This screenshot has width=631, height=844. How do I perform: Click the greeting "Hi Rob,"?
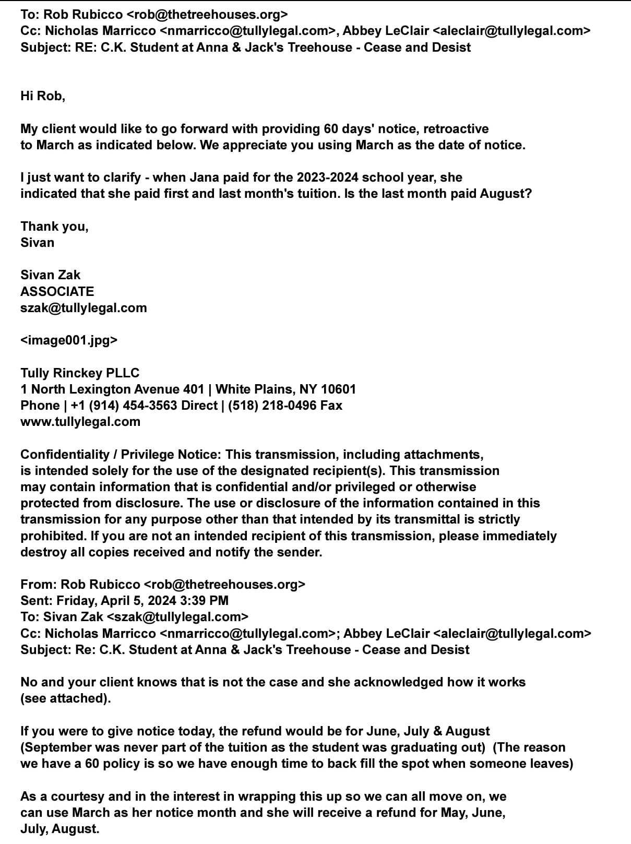[x=43, y=96]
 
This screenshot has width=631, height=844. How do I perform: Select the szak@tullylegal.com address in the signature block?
[x=84, y=308]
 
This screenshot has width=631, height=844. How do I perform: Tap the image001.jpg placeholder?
[x=69, y=340]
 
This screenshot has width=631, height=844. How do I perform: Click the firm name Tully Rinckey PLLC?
[x=80, y=373]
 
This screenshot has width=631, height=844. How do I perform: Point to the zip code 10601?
[x=338, y=389]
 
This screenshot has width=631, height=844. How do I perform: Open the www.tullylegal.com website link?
[x=80, y=422]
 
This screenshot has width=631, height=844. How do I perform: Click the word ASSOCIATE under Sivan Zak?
[x=57, y=291]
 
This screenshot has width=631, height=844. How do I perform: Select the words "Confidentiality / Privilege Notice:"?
[x=121, y=455]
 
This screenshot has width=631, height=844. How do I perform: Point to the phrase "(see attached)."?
[x=66, y=698]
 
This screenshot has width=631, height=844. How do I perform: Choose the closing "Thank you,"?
[x=54, y=227]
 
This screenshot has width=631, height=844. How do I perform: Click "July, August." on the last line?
[x=60, y=829]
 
